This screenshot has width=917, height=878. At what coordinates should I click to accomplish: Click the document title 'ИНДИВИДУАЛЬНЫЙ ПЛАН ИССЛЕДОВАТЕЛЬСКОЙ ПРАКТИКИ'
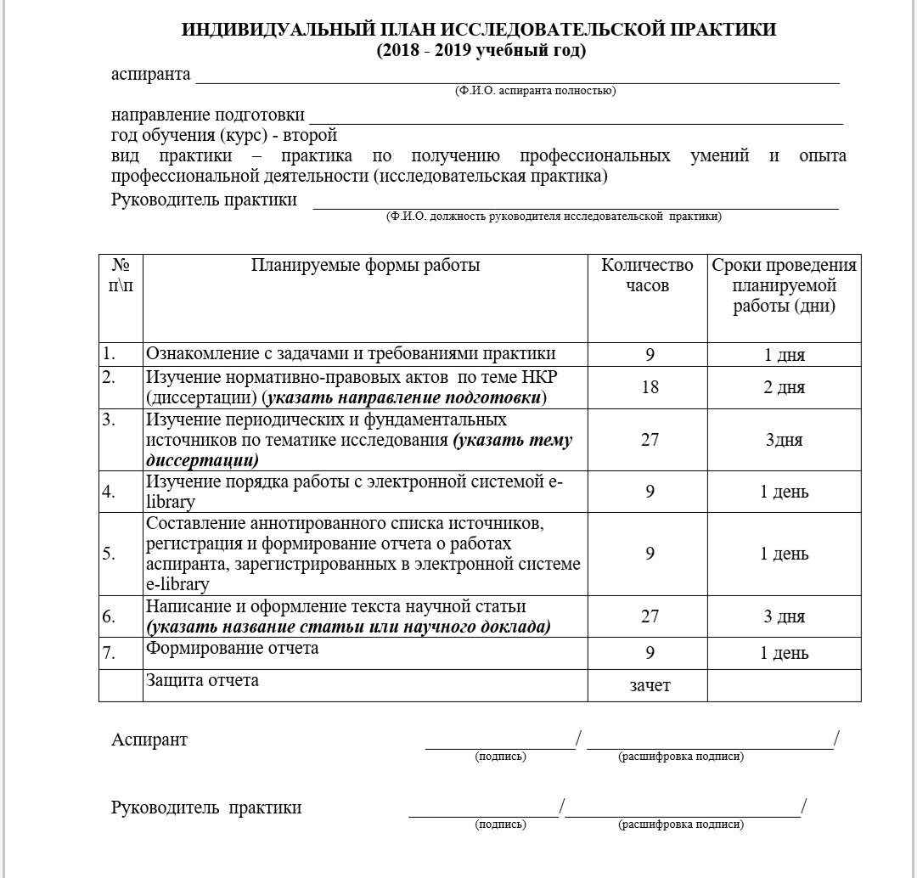pos(480,31)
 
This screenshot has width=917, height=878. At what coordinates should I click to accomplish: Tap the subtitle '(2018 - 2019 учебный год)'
pos(481,51)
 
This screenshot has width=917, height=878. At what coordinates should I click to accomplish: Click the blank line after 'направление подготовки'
pos(576,116)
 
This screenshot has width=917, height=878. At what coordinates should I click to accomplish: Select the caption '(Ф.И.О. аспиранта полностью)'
pos(535,91)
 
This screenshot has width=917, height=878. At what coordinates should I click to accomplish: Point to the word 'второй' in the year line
pos(314,136)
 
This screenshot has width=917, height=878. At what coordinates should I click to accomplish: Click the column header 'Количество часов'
pos(647,275)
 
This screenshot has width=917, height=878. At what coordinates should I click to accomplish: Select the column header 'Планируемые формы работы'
pos(365,266)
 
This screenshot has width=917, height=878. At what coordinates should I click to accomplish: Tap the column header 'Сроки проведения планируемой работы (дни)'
pos(784,285)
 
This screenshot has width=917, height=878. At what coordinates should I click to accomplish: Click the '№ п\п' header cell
pos(121,275)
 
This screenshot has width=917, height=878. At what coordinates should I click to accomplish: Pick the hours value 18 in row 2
pos(650,388)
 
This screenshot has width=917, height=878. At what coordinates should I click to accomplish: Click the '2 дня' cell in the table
pos(784,388)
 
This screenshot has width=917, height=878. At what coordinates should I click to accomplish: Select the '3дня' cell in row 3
pos(784,441)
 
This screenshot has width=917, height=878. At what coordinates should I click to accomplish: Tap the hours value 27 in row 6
pos(650,617)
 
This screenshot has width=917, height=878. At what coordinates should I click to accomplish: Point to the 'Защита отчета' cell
pos(203,680)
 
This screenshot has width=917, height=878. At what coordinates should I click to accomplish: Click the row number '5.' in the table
pos(110,554)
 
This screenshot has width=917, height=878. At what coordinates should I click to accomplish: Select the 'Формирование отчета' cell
pos(233,649)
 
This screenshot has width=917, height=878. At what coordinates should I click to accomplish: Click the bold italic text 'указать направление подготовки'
pos(403,398)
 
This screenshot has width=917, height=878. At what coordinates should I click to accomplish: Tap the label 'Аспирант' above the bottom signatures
pos(149,740)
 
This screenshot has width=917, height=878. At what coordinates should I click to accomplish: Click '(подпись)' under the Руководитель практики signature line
pos(500,825)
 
